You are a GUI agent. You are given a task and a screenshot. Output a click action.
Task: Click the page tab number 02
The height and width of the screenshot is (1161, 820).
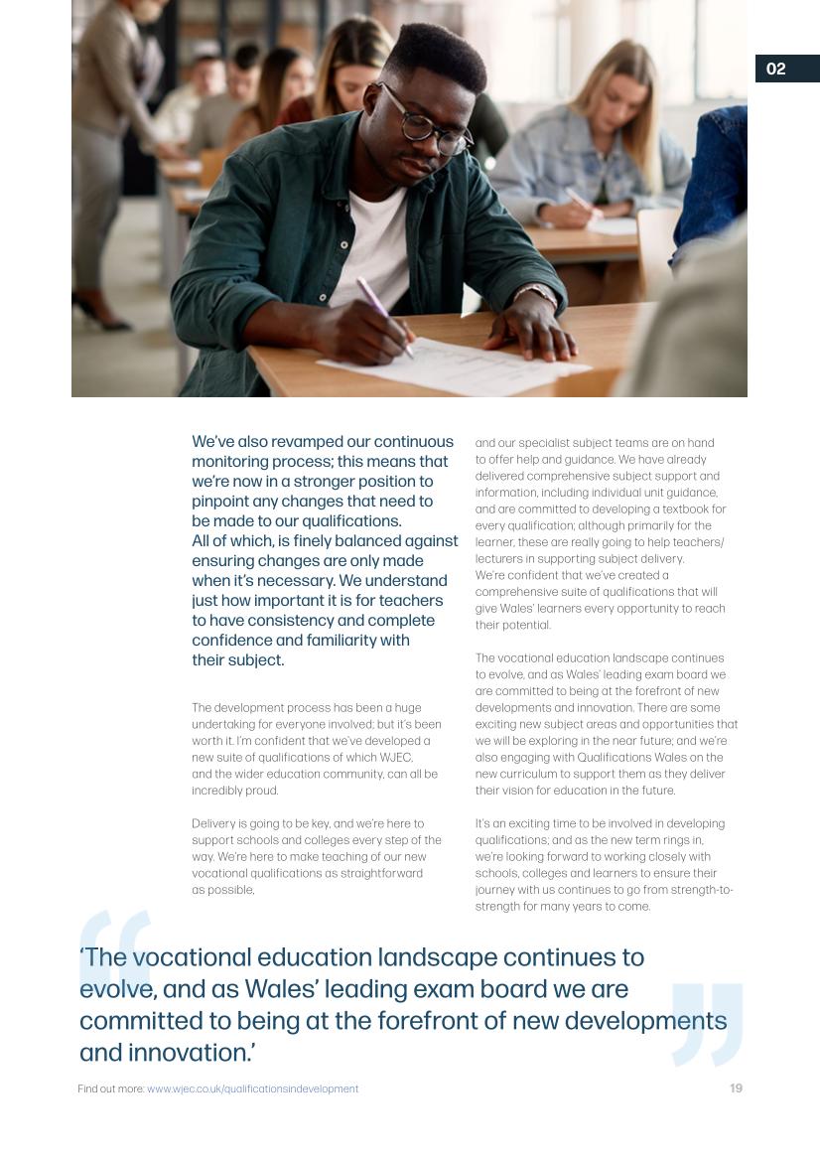click(776, 69)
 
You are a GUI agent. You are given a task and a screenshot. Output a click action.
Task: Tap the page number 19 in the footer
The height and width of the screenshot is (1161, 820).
click(736, 1088)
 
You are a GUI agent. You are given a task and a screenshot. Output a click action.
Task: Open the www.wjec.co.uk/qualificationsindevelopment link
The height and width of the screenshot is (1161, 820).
click(252, 1089)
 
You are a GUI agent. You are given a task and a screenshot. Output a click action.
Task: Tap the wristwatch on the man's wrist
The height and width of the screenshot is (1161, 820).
click(537, 294)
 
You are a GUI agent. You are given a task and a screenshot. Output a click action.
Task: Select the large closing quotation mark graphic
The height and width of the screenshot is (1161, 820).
click(707, 1023)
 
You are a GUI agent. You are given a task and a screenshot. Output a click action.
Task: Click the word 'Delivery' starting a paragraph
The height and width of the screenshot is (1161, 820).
click(213, 823)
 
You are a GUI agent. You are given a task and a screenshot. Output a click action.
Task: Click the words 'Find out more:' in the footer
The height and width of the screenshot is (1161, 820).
click(111, 1089)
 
